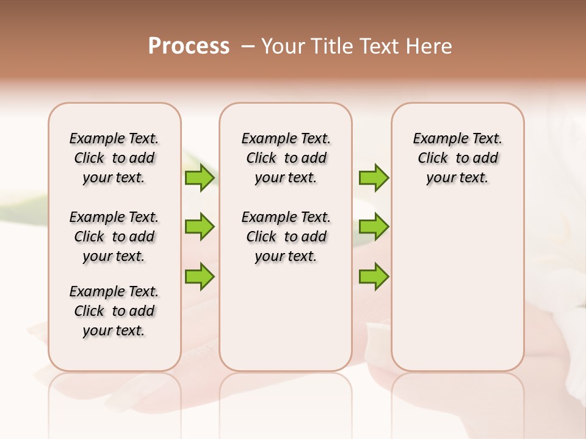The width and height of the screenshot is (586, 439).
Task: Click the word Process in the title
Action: pos(189,46)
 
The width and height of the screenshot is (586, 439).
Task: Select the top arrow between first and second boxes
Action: pos(200,177)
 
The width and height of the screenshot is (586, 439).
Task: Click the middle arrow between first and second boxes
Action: pos(200,227)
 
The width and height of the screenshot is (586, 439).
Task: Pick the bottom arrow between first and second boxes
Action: pos(200,276)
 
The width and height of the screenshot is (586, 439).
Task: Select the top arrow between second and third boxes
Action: pos(374,177)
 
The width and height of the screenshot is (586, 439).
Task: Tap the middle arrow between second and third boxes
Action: pos(374,227)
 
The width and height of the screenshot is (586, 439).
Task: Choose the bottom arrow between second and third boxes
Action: pos(374,276)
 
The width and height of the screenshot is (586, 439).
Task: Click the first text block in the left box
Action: pos(114,158)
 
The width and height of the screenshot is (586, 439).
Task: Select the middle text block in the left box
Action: pos(114,237)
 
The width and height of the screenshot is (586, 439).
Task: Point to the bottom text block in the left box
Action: pos(114,311)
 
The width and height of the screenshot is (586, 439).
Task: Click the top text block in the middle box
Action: pos(286,158)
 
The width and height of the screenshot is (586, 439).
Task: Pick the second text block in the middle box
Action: pos(286,237)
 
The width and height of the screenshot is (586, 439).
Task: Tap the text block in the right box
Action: pos(457,158)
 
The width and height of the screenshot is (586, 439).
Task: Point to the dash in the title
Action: pos(248,46)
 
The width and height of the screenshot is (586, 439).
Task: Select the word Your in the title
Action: pos(283,46)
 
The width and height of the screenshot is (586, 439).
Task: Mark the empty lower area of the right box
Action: pos(457,287)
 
